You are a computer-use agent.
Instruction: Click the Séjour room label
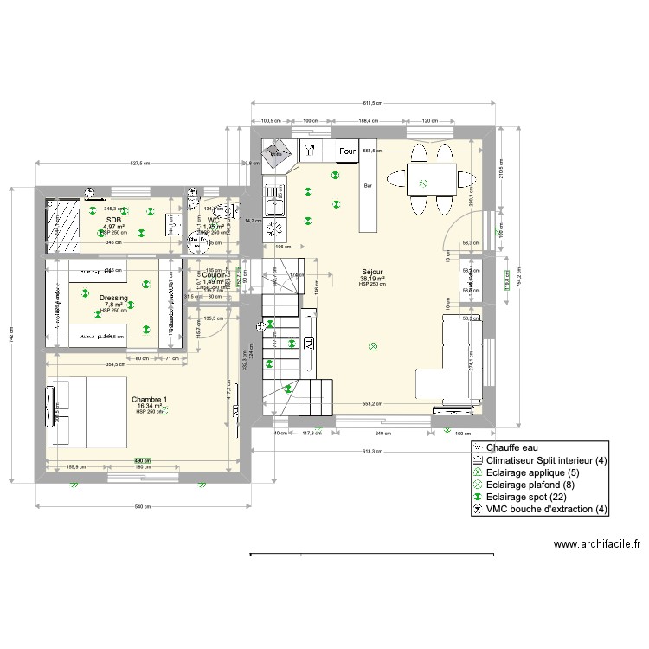[x=372, y=272]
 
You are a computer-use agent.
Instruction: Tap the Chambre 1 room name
[x=150, y=400]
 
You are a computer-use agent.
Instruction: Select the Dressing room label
[x=113, y=298]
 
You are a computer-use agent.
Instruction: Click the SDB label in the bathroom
[x=113, y=220]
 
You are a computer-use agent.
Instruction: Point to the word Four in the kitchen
[x=347, y=152]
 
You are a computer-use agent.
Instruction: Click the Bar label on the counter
[x=368, y=185]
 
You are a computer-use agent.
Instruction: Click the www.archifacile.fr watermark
[x=596, y=545]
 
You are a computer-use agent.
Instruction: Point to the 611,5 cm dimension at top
[x=374, y=102]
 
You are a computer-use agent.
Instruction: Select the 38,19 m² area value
[x=372, y=279]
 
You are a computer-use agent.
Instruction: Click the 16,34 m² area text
[x=150, y=406]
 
